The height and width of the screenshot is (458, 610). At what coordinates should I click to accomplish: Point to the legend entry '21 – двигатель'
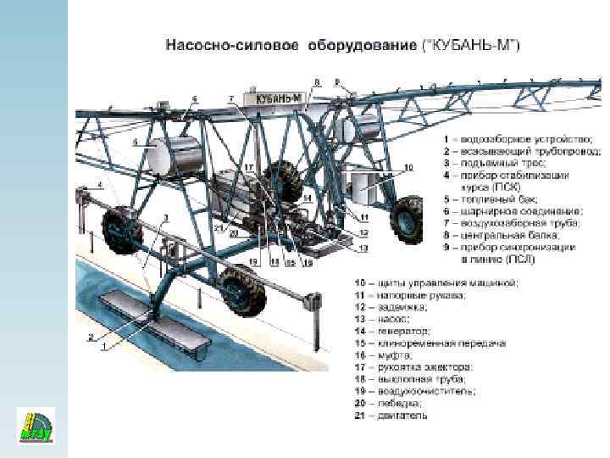coord(392,416)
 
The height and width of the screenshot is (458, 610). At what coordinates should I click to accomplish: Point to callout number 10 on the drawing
coord(408,168)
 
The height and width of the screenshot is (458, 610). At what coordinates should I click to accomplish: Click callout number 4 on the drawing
coord(100,184)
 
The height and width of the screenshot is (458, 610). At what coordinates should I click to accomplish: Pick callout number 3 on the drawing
coord(166,219)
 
